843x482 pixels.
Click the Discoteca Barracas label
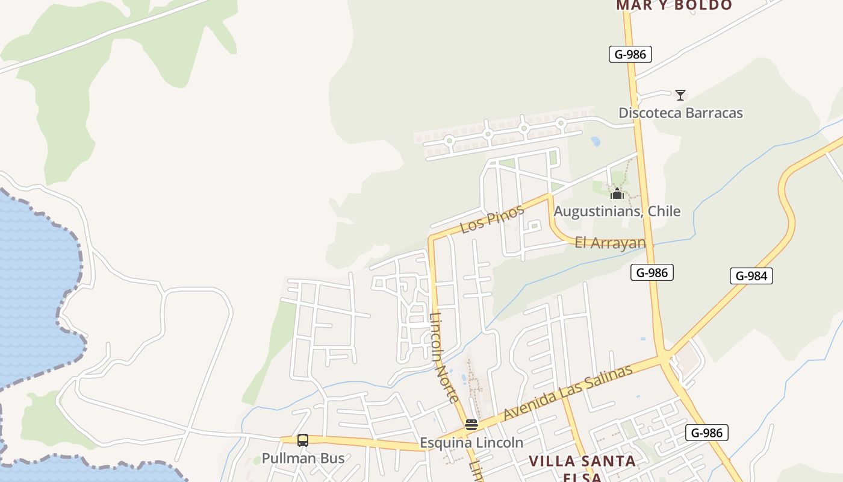(680, 113)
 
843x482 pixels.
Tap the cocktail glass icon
(680, 95)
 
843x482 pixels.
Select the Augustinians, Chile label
(617, 211)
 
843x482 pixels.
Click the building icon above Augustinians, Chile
(617, 193)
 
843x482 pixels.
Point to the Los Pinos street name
(492, 219)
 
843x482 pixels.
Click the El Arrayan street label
(610, 243)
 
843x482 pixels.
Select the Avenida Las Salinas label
(568, 392)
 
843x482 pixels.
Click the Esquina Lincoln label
(471, 442)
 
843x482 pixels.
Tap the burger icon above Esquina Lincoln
(471, 425)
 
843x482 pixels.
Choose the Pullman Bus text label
(303, 459)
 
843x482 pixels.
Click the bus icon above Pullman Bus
(303, 440)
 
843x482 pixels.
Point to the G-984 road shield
(751, 276)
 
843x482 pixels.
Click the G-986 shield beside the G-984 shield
(652, 272)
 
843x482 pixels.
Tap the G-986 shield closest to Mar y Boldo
(630, 54)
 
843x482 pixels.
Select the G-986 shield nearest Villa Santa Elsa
(707, 433)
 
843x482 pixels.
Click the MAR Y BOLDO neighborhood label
(674, 6)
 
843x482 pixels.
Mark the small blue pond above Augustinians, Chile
(596, 142)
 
